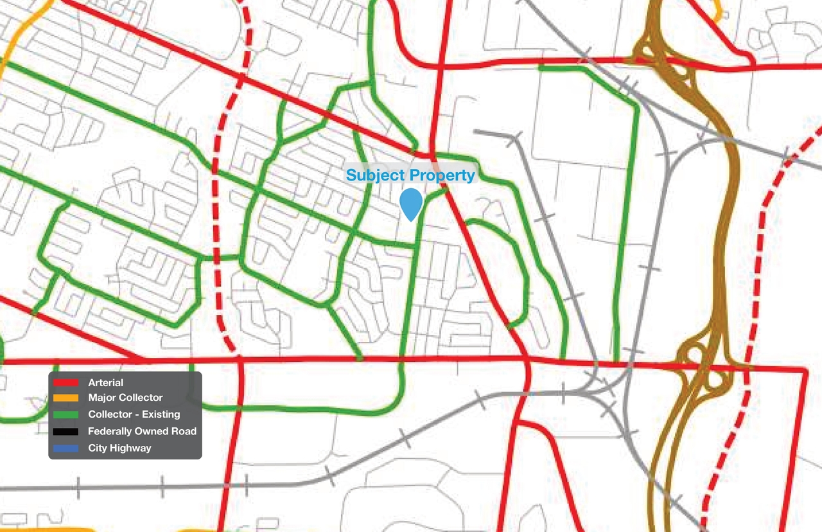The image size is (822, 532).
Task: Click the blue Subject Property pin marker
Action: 410,202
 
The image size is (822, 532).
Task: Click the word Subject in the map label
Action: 376,175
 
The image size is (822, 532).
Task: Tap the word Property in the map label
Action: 442,175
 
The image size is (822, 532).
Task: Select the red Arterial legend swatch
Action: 66,383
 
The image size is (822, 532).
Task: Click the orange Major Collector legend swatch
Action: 66,398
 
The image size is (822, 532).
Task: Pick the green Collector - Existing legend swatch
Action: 66,414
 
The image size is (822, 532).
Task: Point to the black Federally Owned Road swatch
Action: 66,431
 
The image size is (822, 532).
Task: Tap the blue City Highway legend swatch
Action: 66,448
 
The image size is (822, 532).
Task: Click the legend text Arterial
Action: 106,383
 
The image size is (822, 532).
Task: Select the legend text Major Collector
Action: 125,398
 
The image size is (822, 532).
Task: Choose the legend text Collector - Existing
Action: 134,414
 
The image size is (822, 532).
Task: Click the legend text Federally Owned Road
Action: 142,431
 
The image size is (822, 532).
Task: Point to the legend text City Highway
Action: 119,448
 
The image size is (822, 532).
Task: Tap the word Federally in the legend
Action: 109,431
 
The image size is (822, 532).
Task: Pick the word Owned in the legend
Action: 149,431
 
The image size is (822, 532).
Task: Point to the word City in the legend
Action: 98,448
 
